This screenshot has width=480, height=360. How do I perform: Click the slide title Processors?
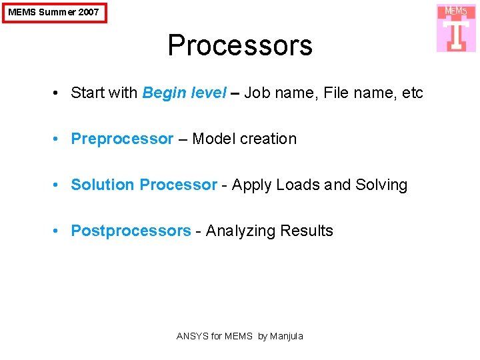(240, 45)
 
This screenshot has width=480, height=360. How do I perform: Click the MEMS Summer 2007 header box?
(54, 12)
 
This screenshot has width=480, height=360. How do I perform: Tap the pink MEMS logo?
(456, 28)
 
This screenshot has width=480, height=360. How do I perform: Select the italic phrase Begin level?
(184, 93)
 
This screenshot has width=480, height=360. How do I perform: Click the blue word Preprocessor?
(122, 139)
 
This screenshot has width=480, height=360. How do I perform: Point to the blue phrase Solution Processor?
(144, 185)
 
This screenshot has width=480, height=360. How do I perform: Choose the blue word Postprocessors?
(131, 231)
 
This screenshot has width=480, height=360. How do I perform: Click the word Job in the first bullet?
(256, 93)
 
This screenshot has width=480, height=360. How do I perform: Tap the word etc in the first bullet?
(413, 93)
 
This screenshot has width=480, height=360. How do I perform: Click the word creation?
(268, 139)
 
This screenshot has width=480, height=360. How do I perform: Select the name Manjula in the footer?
(286, 336)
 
